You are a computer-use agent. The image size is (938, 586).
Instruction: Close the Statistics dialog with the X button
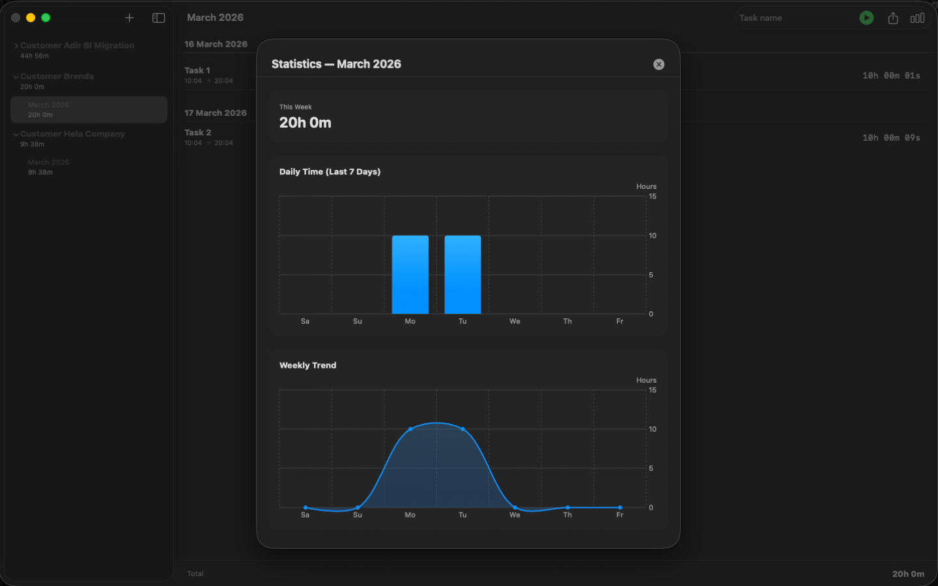[x=659, y=64]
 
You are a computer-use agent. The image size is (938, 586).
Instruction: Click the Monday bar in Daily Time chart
[x=410, y=275]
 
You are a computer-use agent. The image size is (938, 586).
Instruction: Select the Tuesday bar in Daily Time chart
[x=462, y=275]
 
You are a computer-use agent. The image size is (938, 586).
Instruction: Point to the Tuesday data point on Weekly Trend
[x=462, y=429]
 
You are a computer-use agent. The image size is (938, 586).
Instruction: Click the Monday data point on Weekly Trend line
[x=410, y=429]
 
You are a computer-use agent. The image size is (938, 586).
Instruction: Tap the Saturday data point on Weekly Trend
[x=305, y=507]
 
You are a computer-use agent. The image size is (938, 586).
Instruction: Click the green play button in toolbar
[x=866, y=18]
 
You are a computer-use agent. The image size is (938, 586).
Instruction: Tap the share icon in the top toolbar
[x=893, y=18]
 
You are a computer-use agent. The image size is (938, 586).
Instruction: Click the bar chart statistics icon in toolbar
[x=917, y=18]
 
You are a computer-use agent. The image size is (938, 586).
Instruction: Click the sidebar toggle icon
[x=158, y=18]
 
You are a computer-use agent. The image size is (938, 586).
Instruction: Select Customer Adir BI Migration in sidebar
[x=77, y=46]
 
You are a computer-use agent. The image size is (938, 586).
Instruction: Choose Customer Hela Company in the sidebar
[x=72, y=134]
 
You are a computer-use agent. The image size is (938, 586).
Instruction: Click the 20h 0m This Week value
[x=306, y=123]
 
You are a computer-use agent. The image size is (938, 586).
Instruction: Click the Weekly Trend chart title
[x=307, y=365]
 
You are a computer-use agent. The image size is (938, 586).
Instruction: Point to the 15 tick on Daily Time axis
[x=652, y=197]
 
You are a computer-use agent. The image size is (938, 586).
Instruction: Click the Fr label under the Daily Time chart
[x=619, y=321]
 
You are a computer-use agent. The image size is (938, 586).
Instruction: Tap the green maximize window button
[x=46, y=18]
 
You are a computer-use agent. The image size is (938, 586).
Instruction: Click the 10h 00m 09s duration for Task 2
[x=891, y=138]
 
